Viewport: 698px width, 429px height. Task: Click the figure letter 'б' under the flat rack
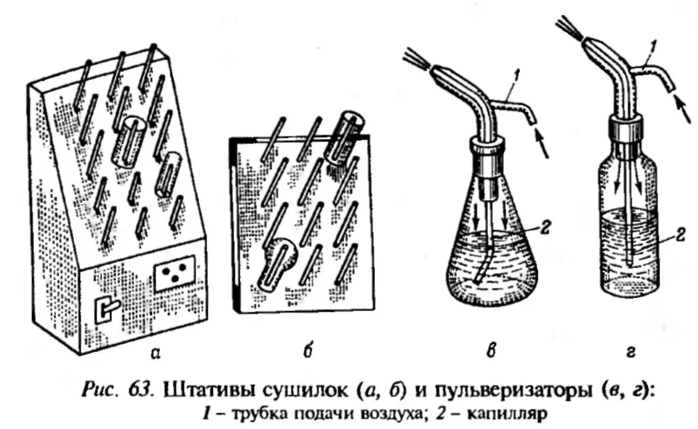[308, 352]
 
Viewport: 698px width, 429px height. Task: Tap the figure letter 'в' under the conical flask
[490, 352]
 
